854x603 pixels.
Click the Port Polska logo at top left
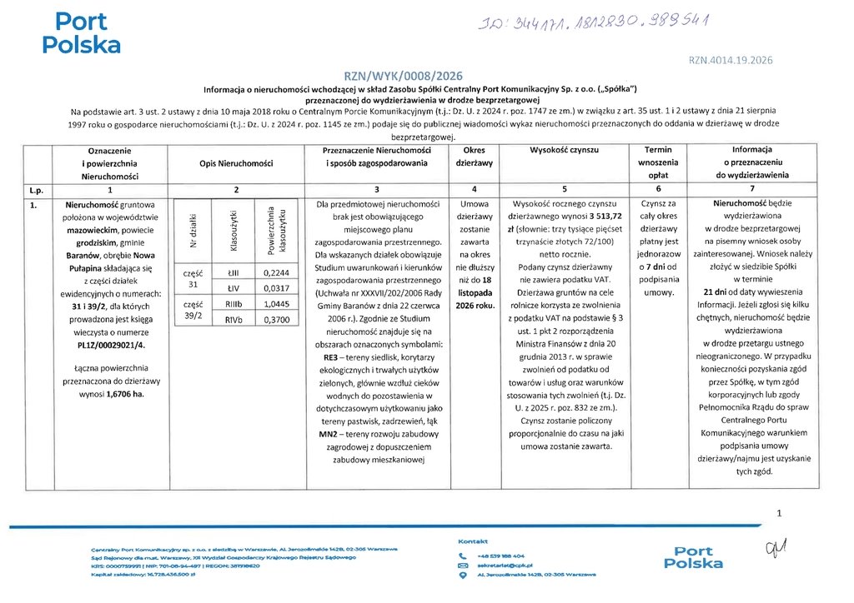coord(81,32)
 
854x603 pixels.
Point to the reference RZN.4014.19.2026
coord(731,60)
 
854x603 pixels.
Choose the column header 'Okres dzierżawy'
coord(474,157)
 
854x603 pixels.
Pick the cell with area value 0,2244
coord(274,272)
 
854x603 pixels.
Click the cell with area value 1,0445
coord(274,304)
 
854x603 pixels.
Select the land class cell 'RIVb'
coord(234,319)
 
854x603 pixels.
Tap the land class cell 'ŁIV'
coord(234,287)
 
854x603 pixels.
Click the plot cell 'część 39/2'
coord(192,311)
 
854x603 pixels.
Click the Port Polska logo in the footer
coord(694,557)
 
